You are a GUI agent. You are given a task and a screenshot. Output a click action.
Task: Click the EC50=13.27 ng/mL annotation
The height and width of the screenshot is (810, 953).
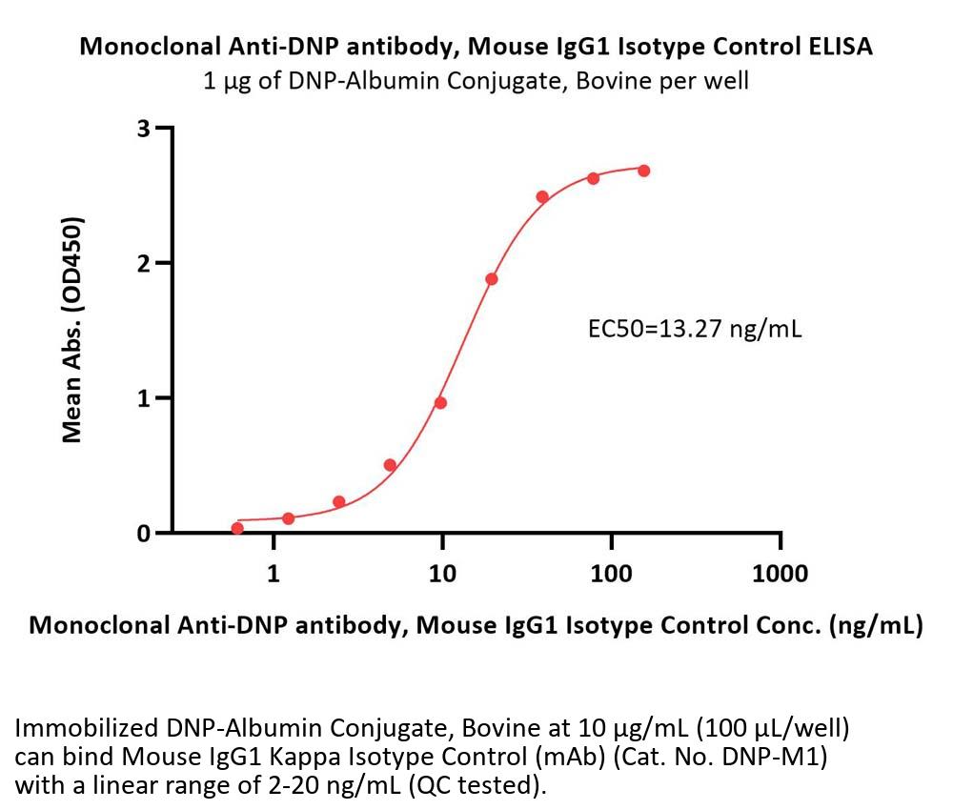(694, 331)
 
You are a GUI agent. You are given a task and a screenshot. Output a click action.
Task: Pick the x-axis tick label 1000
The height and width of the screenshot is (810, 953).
(780, 573)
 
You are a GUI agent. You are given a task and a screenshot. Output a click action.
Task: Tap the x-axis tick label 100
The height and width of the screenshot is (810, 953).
(611, 573)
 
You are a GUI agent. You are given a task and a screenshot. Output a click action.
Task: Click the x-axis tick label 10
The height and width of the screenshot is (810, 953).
(442, 573)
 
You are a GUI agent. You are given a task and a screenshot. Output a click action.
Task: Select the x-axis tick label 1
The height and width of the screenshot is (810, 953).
(274, 573)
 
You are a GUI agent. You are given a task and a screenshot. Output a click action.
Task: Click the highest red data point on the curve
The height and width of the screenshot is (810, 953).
(644, 171)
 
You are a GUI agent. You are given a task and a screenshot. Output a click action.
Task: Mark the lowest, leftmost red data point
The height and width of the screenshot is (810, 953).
(237, 528)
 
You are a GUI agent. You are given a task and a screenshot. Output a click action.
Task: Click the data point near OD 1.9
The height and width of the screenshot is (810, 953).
(492, 279)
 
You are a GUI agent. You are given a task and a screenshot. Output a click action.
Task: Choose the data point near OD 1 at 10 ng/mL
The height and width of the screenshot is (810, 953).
(440, 402)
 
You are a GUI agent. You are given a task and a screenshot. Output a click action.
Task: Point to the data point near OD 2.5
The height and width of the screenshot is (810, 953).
(542, 197)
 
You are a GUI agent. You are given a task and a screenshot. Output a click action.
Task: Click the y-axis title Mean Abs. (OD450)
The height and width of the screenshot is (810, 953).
(71, 330)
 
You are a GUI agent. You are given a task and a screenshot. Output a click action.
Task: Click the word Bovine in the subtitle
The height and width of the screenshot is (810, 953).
(623, 80)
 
